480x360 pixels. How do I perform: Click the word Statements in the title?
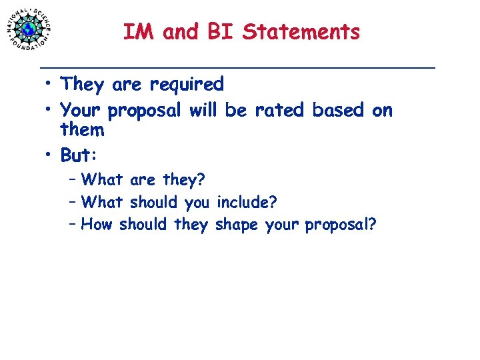(301, 31)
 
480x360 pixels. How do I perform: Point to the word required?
(187, 85)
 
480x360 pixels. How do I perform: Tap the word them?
(82, 130)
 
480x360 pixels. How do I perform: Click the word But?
(77, 155)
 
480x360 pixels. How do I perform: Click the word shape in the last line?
(237, 225)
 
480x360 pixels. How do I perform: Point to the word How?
(97, 225)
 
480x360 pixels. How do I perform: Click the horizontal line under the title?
(237, 68)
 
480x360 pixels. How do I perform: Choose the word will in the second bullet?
(203, 110)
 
